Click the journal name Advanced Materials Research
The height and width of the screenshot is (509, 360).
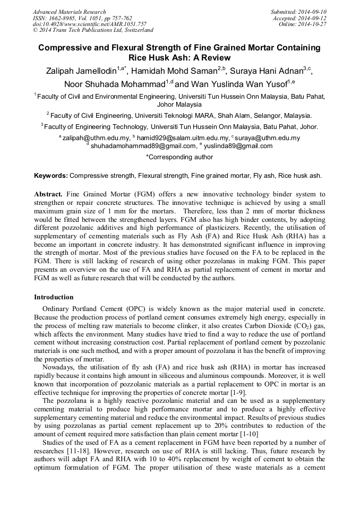click(70, 12)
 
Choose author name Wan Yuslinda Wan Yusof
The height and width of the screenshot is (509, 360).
click(238, 84)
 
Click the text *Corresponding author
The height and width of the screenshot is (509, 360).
click(179, 157)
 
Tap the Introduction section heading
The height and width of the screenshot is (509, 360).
click(54, 297)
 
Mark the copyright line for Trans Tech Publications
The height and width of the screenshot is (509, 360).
click(93, 31)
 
